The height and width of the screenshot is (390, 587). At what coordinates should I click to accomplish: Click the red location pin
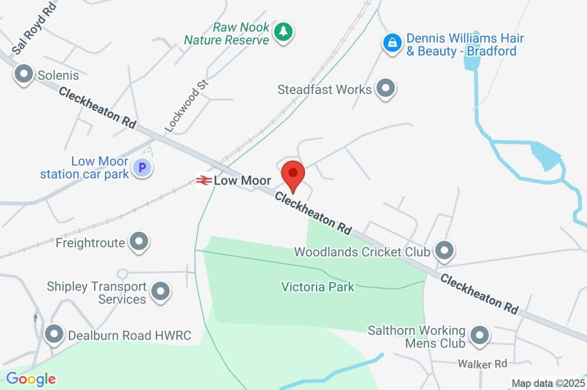(293, 173)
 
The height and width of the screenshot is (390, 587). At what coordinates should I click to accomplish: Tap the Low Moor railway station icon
(203, 181)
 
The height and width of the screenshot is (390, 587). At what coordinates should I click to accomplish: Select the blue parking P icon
(141, 167)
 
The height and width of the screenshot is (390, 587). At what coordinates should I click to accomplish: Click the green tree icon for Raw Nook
(283, 32)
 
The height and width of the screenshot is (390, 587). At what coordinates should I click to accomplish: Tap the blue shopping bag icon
(392, 42)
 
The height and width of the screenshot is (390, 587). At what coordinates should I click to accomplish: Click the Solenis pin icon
(24, 74)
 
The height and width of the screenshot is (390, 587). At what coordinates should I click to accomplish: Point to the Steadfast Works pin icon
(386, 88)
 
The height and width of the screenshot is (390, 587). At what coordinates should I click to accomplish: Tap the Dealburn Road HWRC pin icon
(54, 334)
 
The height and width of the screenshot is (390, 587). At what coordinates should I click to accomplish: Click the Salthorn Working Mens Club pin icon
(479, 335)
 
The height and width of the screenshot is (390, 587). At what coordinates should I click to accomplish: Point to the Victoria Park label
(318, 286)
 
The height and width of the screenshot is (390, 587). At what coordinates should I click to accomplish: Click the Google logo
(31, 379)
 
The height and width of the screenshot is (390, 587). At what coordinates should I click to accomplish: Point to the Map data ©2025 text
(547, 383)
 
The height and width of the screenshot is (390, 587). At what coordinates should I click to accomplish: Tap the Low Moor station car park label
(84, 167)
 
